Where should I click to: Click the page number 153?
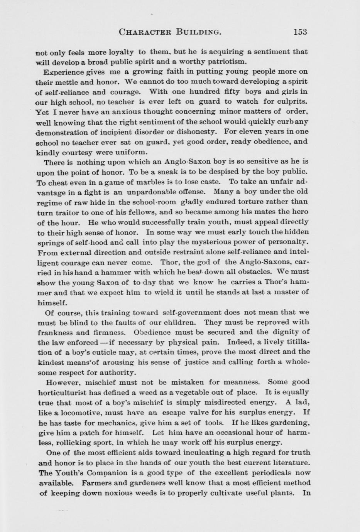[x=300, y=32]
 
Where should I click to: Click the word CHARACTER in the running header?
[x=145, y=32]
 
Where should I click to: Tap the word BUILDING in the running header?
[x=198, y=32]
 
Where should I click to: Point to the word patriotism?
[x=228, y=62]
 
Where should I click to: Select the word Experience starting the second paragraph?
[x=64, y=72]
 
